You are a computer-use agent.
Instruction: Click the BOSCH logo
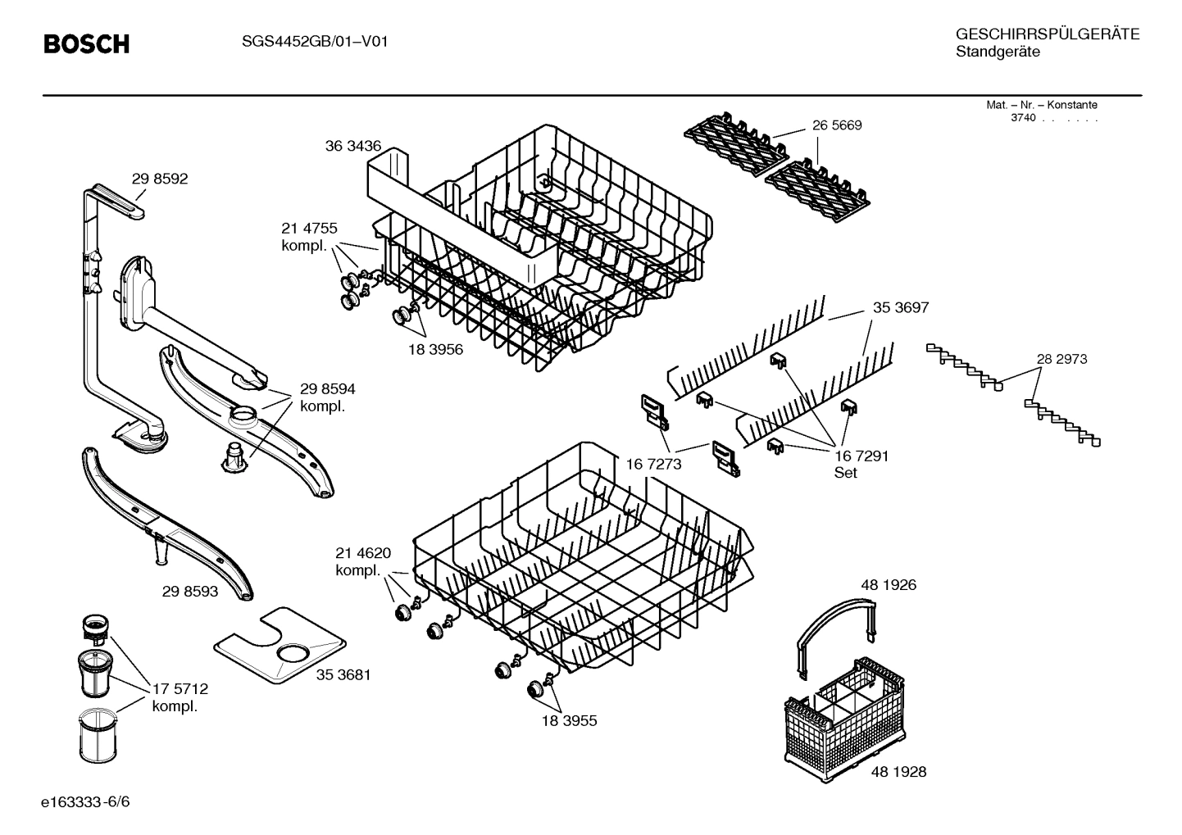[x=86, y=44]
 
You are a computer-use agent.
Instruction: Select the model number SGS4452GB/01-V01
[x=309, y=41]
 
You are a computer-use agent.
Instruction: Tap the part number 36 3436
[x=352, y=146]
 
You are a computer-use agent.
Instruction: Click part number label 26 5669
[x=837, y=125]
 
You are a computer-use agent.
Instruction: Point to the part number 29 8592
[x=160, y=179]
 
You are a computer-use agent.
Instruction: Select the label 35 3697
[x=900, y=307]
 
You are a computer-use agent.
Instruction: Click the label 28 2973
[x=1062, y=359]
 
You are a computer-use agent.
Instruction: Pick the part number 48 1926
[x=888, y=585]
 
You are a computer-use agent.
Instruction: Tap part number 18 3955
[x=569, y=721]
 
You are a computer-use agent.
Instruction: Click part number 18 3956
[x=435, y=349]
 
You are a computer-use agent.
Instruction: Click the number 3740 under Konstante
[x=1023, y=118]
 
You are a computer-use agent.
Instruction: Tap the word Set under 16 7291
[x=845, y=473]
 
